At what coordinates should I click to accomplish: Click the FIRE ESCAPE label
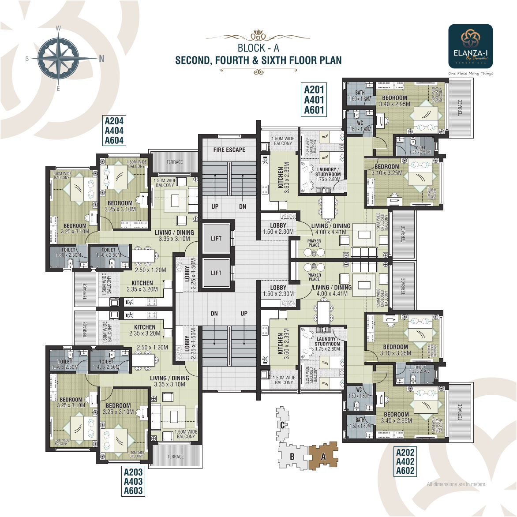[x=229, y=150]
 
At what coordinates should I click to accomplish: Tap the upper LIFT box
[x=216, y=239]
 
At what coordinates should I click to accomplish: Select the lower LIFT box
[x=216, y=273]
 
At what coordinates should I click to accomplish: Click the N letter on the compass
[x=101, y=59]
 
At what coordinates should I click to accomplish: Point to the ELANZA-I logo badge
[x=470, y=46]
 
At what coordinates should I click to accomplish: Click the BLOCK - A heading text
[x=258, y=48]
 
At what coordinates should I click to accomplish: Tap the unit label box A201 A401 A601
[x=314, y=100]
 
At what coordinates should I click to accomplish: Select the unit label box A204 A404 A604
[x=114, y=131]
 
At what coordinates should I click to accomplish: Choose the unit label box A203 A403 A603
[x=133, y=481]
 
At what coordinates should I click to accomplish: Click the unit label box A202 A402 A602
[x=405, y=462]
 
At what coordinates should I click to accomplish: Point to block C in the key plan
[x=283, y=425]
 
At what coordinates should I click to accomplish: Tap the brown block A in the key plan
[x=323, y=457]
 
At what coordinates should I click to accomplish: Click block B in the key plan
[x=292, y=457]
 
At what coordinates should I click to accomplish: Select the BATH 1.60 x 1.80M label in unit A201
[x=360, y=96]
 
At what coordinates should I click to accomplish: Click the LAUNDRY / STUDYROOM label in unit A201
[x=327, y=172]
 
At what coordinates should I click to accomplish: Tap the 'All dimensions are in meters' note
[x=456, y=484]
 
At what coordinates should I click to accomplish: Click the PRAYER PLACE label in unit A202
[x=314, y=277]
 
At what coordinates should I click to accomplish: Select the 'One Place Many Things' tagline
[x=470, y=73]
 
